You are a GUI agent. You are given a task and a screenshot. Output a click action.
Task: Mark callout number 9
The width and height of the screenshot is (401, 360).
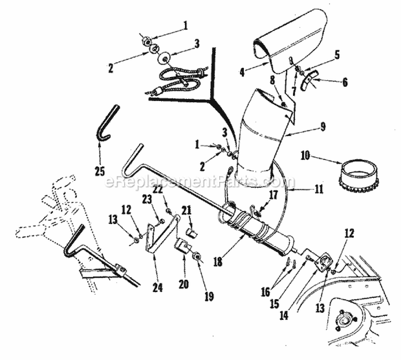point(322,127)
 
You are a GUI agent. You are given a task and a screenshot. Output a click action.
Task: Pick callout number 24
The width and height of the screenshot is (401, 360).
point(157,287)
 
